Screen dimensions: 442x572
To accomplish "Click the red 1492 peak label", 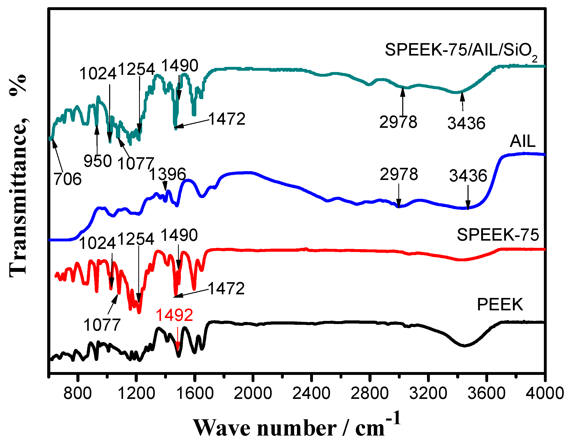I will pyautogui.click(x=174, y=315).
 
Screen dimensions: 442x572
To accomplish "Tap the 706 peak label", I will pyautogui.click(x=68, y=179).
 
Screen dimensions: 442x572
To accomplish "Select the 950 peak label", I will pyautogui.click(x=98, y=161).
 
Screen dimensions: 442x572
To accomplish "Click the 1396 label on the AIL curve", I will pyautogui.click(x=168, y=174).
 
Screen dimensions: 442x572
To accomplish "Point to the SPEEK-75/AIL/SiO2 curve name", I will pyautogui.click(x=461, y=50).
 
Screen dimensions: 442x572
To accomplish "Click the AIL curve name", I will pyautogui.click(x=522, y=141).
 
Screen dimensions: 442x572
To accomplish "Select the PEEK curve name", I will pyautogui.click(x=500, y=305).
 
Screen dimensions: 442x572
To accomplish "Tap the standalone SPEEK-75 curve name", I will pyautogui.click(x=498, y=235).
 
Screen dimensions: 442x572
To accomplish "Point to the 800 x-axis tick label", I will pyautogui.click(x=77, y=393).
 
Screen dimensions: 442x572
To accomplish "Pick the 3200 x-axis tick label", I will pyautogui.click(x=428, y=393).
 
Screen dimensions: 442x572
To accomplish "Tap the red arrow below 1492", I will pyautogui.click(x=178, y=339).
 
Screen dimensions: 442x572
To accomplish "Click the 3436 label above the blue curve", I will pyautogui.click(x=468, y=176).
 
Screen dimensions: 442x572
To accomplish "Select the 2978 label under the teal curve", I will pyautogui.click(x=398, y=122).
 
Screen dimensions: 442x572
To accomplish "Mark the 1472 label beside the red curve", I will pyautogui.click(x=226, y=288).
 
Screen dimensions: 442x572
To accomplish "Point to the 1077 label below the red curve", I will pyautogui.click(x=102, y=325).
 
